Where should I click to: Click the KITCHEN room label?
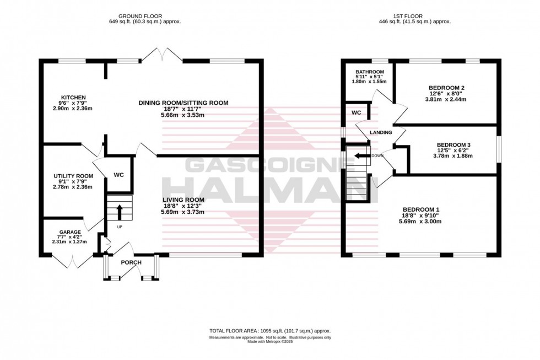pos(73,98)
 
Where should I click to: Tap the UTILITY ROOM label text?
pos(69,176)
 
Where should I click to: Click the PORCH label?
pos(132,262)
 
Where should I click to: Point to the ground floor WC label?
pos(118,175)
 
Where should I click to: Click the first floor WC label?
pos(356,112)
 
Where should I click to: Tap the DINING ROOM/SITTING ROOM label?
pos(183,103)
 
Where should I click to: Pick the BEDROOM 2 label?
pos(447,88)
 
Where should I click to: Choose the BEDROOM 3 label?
pos(449,145)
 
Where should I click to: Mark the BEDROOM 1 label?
pos(421,209)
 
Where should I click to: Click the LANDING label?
pos(381,132)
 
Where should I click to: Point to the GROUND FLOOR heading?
pos(145,16)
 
